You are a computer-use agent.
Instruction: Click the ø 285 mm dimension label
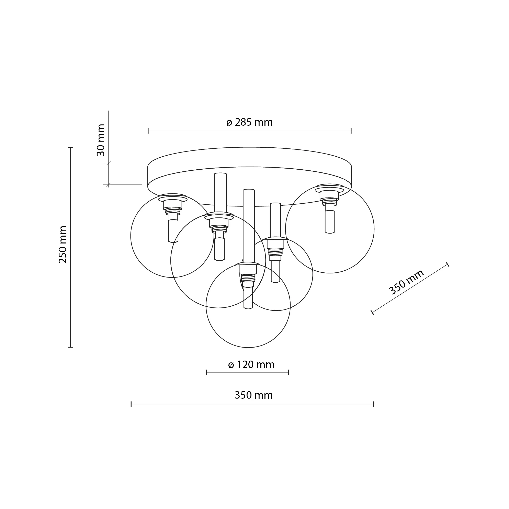[x=249, y=123]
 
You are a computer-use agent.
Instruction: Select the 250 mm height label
[x=63, y=244]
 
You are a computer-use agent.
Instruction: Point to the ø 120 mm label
[x=251, y=365]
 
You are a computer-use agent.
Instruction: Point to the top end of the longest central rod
[x=249, y=190]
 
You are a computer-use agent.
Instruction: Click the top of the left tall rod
[x=220, y=174]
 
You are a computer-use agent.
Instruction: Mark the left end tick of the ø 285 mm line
[x=148, y=131]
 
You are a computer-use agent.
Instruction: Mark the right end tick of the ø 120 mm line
[x=289, y=372]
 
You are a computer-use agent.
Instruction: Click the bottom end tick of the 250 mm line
[x=70, y=347]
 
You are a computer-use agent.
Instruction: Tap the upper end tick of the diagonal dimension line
[x=447, y=264]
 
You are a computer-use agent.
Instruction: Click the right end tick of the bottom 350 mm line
[x=374, y=404]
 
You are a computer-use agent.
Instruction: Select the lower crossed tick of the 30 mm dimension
[x=108, y=185]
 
